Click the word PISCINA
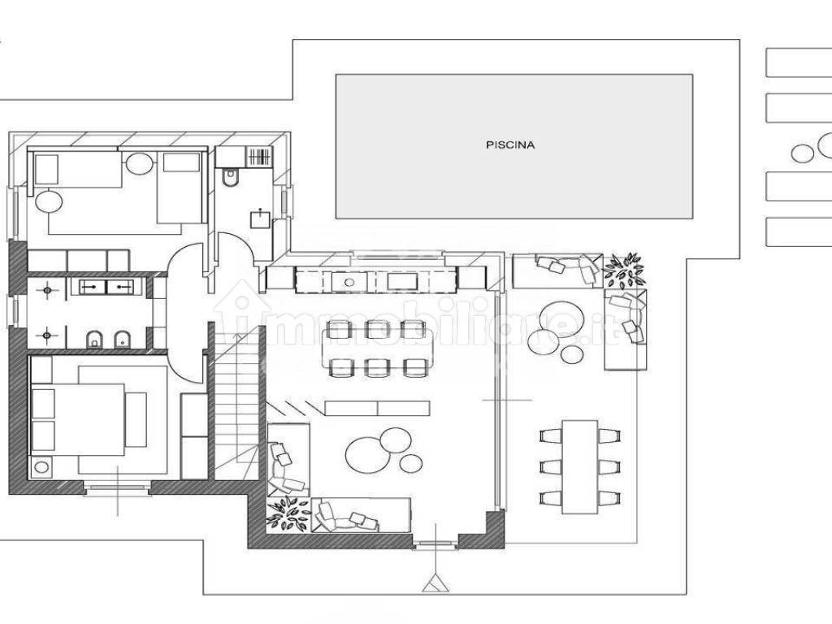point(510,145)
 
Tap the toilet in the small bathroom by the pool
point(231,177)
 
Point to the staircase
point(236,403)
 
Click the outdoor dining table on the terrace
point(580,466)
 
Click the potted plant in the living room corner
point(288,513)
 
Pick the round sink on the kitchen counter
point(349,282)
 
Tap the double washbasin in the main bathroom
point(110,287)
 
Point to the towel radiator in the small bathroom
point(259,157)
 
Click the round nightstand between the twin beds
point(140,163)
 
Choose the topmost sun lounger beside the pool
point(799,63)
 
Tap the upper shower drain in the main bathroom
point(47,290)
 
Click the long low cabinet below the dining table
point(377,408)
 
